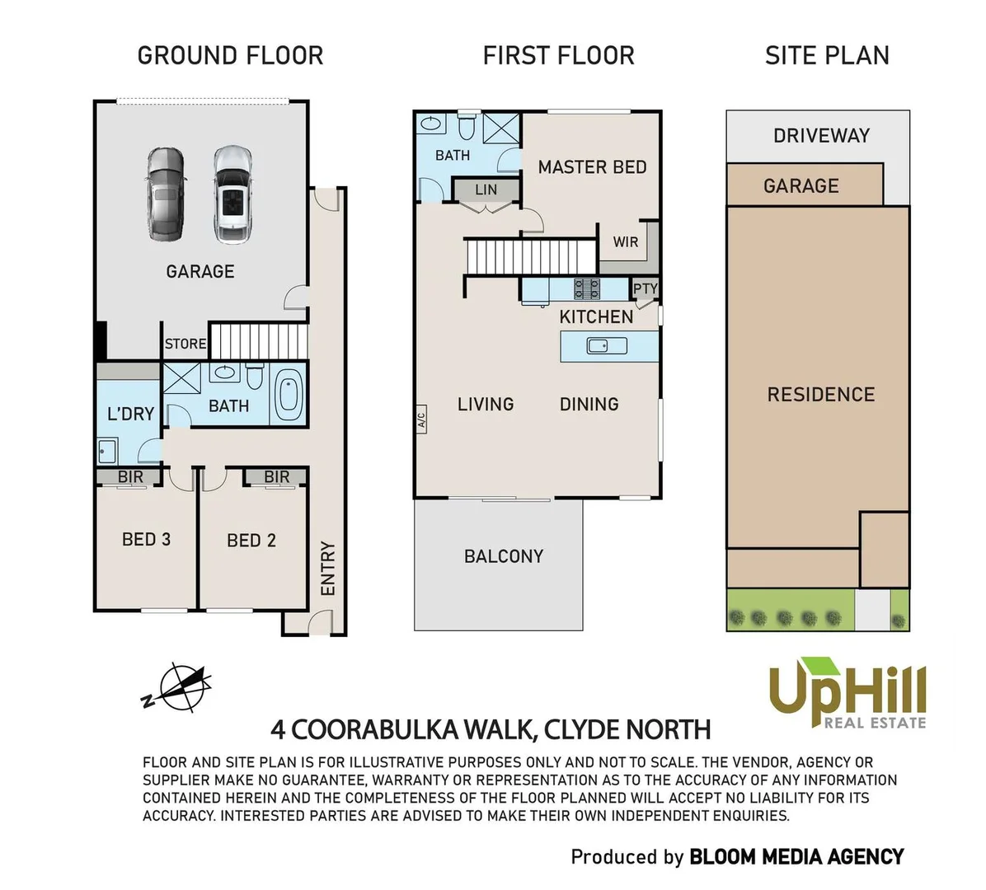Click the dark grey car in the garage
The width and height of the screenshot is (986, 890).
(x=166, y=194)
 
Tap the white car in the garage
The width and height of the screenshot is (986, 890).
(x=232, y=194)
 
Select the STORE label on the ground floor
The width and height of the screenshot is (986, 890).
(x=185, y=344)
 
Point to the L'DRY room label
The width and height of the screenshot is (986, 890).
(x=131, y=414)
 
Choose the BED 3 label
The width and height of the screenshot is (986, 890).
(x=147, y=539)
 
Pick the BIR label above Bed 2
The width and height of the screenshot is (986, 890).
(x=277, y=477)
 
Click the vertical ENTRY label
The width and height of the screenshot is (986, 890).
(x=327, y=569)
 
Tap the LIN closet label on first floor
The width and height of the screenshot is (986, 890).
(x=486, y=190)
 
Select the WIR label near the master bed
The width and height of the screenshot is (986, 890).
(x=626, y=242)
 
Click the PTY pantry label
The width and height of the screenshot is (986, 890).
(x=646, y=288)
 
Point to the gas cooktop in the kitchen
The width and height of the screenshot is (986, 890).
(x=587, y=289)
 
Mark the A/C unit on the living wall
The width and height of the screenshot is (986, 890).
(x=421, y=418)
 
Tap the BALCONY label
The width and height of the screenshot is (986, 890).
(x=504, y=556)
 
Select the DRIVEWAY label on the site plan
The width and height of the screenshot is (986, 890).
(x=821, y=135)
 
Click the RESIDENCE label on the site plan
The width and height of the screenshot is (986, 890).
(x=821, y=395)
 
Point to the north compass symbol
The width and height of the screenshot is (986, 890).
(x=178, y=687)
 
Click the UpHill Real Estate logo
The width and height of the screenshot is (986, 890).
(x=847, y=693)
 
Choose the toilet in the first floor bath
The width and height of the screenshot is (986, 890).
(x=466, y=124)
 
